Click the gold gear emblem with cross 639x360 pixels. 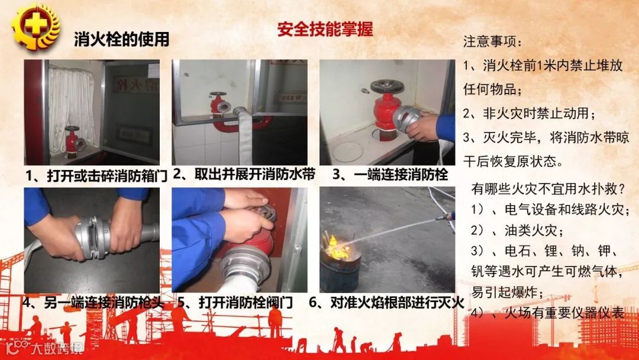point(35,27)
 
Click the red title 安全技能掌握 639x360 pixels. point(325,29)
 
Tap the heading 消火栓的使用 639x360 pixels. point(121,39)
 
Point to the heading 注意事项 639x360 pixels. point(492,41)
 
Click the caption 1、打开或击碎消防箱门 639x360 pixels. point(96,176)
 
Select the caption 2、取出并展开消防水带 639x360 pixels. point(244,174)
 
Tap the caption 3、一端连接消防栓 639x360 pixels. point(390,175)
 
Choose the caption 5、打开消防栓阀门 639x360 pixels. point(235,303)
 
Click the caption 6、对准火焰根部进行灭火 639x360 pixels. point(386,303)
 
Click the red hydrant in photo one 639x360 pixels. point(74,141)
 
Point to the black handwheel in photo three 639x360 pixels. point(387,86)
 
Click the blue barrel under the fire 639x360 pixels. point(340,271)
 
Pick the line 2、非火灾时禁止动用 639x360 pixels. point(530,113)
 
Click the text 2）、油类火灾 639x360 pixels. point(517,230)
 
